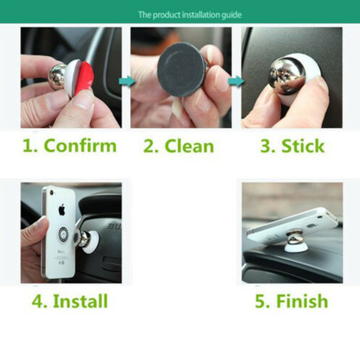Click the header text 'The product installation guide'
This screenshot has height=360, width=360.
tap(190, 15)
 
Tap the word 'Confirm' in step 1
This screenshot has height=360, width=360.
tap(81, 145)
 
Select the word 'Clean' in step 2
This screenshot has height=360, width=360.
tap(189, 146)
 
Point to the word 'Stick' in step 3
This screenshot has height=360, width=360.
tap(303, 145)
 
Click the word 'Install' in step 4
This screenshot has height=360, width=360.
tap(81, 301)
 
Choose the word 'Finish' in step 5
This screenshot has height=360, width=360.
tap(302, 301)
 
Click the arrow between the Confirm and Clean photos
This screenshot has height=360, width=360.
tap(127, 81)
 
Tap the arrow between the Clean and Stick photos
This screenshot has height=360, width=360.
tap(236, 81)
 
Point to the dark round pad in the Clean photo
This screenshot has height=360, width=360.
tap(181, 70)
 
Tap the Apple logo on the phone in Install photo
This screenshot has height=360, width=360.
tap(62, 209)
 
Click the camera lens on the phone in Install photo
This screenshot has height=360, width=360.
tap(51, 193)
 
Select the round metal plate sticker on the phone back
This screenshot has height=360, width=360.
tap(63, 234)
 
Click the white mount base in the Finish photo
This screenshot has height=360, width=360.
tap(294, 247)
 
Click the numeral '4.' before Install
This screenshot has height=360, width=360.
tap(40, 301)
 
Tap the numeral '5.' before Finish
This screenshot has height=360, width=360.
tap(263, 301)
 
